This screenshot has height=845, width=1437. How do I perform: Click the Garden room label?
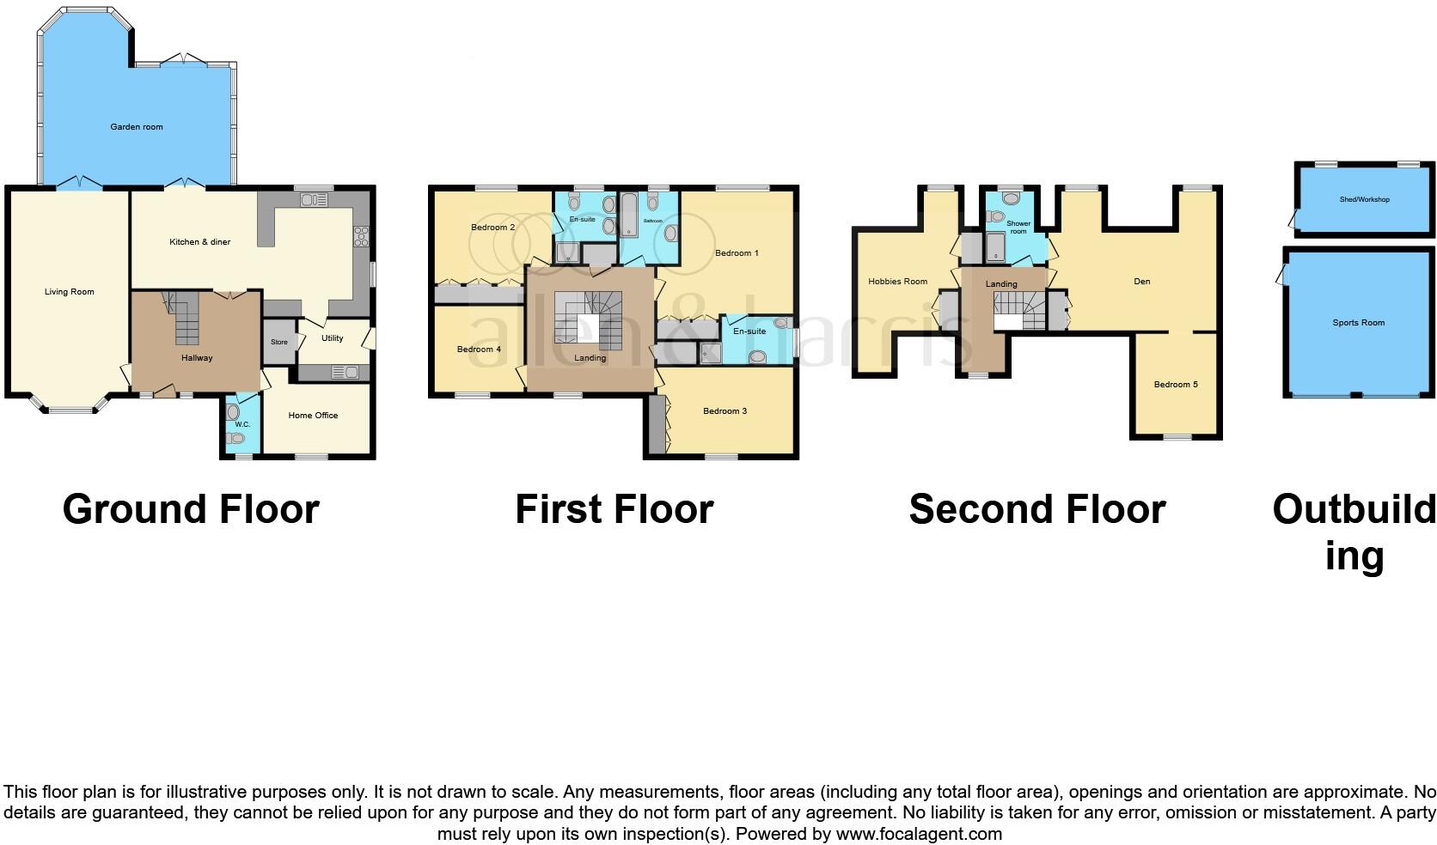pyautogui.click(x=137, y=127)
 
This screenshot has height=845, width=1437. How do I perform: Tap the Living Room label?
pyautogui.click(x=70, y=292)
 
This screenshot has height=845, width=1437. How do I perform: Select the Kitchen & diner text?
pyautogui.click(x=199, y=242)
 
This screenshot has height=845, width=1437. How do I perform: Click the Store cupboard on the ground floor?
pyautogui.click(x=278, y=342)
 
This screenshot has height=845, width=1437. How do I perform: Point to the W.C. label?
pyautogui.click(x=242, y=424)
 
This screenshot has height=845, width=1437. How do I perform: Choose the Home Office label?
pyautogui.click(x=313, y=416)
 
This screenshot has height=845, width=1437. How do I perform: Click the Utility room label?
pyautogui.click(x=333, y=338)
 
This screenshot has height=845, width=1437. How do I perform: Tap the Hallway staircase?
pyautogui.click(x=183, y=319)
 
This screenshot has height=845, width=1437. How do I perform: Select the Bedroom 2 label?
pyautogui.click(x=493, y=228)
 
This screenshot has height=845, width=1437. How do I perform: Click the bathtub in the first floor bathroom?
pyautogui.click(x=628, y=215)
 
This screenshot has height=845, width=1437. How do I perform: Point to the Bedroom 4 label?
pyautogui.click(x=479, y=350)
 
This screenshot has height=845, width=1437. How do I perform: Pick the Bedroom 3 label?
pyautogui.click(x=725, y=411)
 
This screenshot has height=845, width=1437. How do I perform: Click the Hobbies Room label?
pyautogui.click(x=897, y=282)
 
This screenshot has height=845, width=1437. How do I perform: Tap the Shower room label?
pyautogui.click(x=1018, y=228)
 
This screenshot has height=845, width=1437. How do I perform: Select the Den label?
pyautogui.click(x=1141, y=282)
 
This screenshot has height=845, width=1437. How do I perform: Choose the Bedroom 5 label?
pyautogui.click(x=1176, y=385)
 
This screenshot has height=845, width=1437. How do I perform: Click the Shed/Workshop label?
pyautogui.click(x=1364, y=199)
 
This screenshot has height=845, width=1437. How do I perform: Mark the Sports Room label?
pyautogui.click(x=1359, y=323)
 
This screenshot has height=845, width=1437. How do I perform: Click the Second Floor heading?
pyautogui.click(x=1036, y=509)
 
